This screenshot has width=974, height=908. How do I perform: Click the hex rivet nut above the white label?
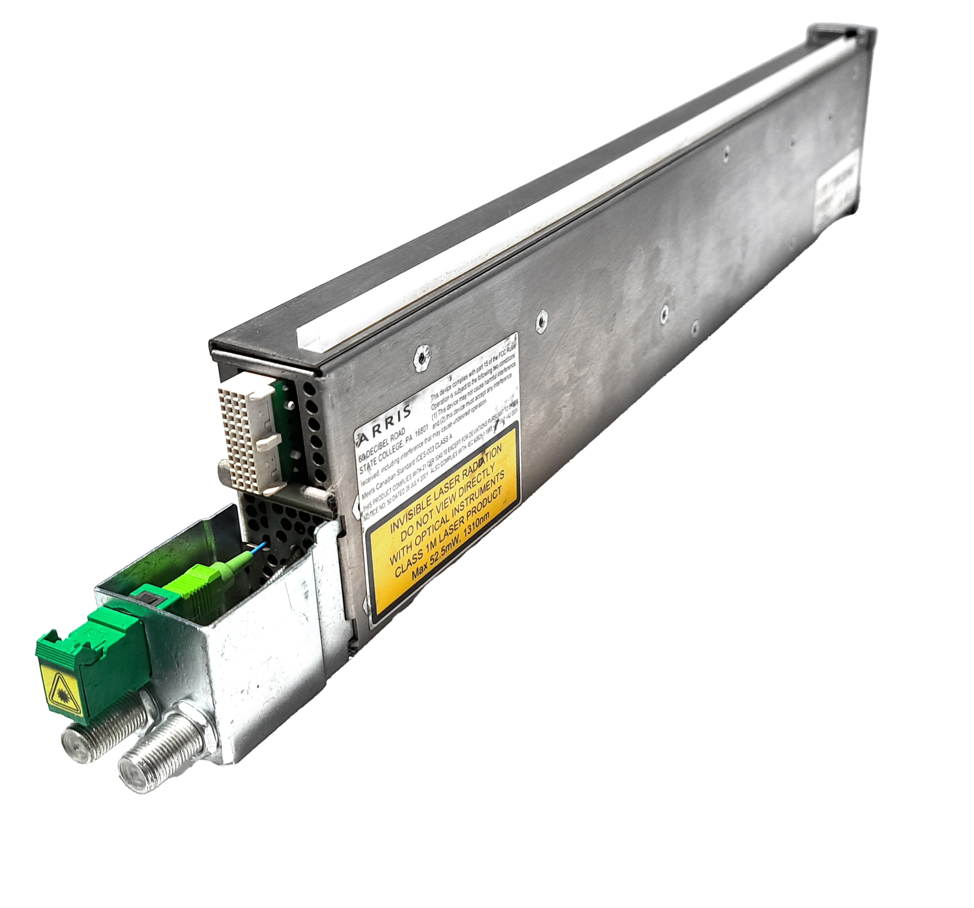[419, 358]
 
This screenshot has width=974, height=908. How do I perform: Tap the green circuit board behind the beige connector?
[286, 420]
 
